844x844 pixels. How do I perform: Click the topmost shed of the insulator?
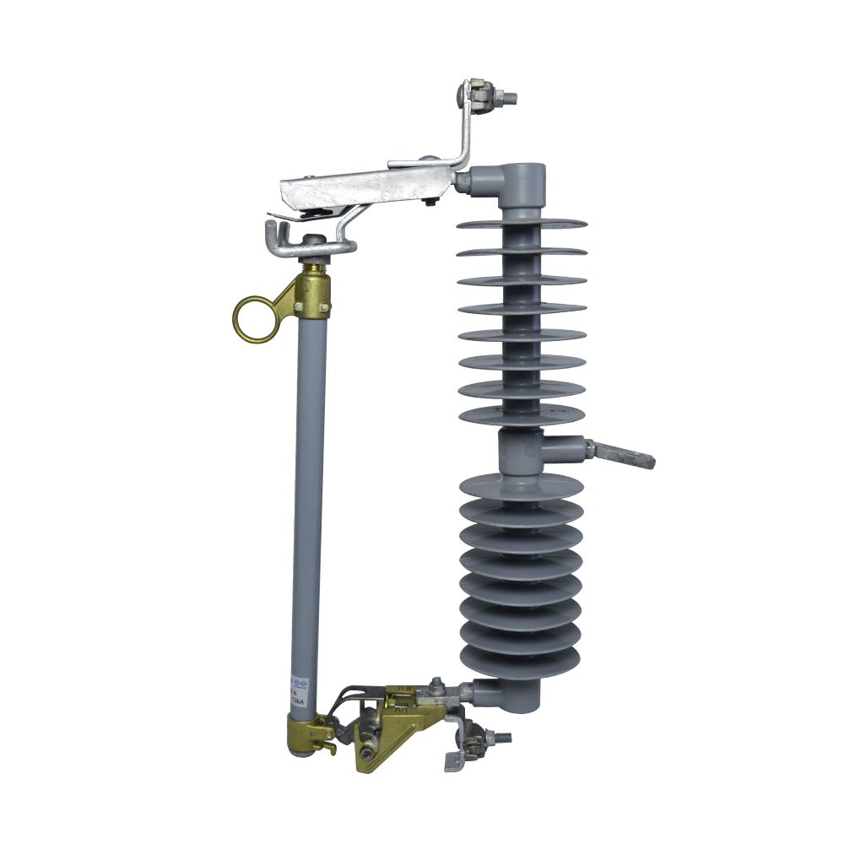click(x=522, y=225)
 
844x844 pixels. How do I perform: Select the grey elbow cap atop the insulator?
click(x=522, y=180)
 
